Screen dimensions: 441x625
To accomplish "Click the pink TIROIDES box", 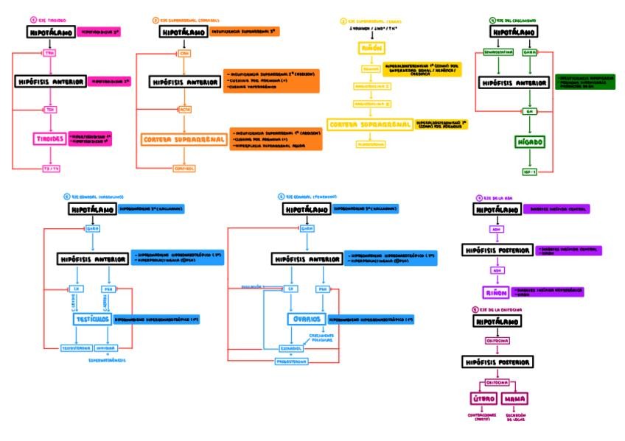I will (x=49, y=138).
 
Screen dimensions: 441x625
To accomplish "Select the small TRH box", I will (x=49, y=53).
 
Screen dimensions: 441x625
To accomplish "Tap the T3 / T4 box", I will (x=49, y=169).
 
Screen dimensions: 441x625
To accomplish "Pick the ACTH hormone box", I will (x=184, y=109).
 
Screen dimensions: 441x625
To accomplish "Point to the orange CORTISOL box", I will (x=184, y=169).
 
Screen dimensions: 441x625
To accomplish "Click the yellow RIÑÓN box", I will (x=369, y=49).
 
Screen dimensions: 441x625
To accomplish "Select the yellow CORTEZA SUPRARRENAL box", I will (x=369, y=125).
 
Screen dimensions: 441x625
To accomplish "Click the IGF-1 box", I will (x=528, y=172).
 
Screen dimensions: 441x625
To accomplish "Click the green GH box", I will (x=528, y=111).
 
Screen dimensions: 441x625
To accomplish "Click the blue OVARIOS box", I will (x=307, y=320).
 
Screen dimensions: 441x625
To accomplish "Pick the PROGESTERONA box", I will (x=291, y=361).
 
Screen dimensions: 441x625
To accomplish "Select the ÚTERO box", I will (x=482, y=399).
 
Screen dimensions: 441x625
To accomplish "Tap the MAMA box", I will (x=514, y=399).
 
